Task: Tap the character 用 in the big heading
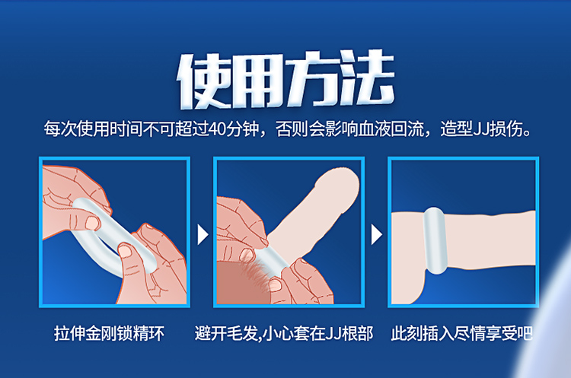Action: point(257,81)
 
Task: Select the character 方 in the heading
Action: point(312,79)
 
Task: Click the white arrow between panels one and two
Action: point(203,234)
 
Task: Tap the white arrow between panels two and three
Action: point(376,234)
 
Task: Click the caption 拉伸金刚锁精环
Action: point(109,333)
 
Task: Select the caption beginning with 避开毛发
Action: point(284,333)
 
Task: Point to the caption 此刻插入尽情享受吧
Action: point(462,333)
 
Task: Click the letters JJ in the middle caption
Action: point(333,334)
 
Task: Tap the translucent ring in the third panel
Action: point(435,240)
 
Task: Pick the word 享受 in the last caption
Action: point(501,333)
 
